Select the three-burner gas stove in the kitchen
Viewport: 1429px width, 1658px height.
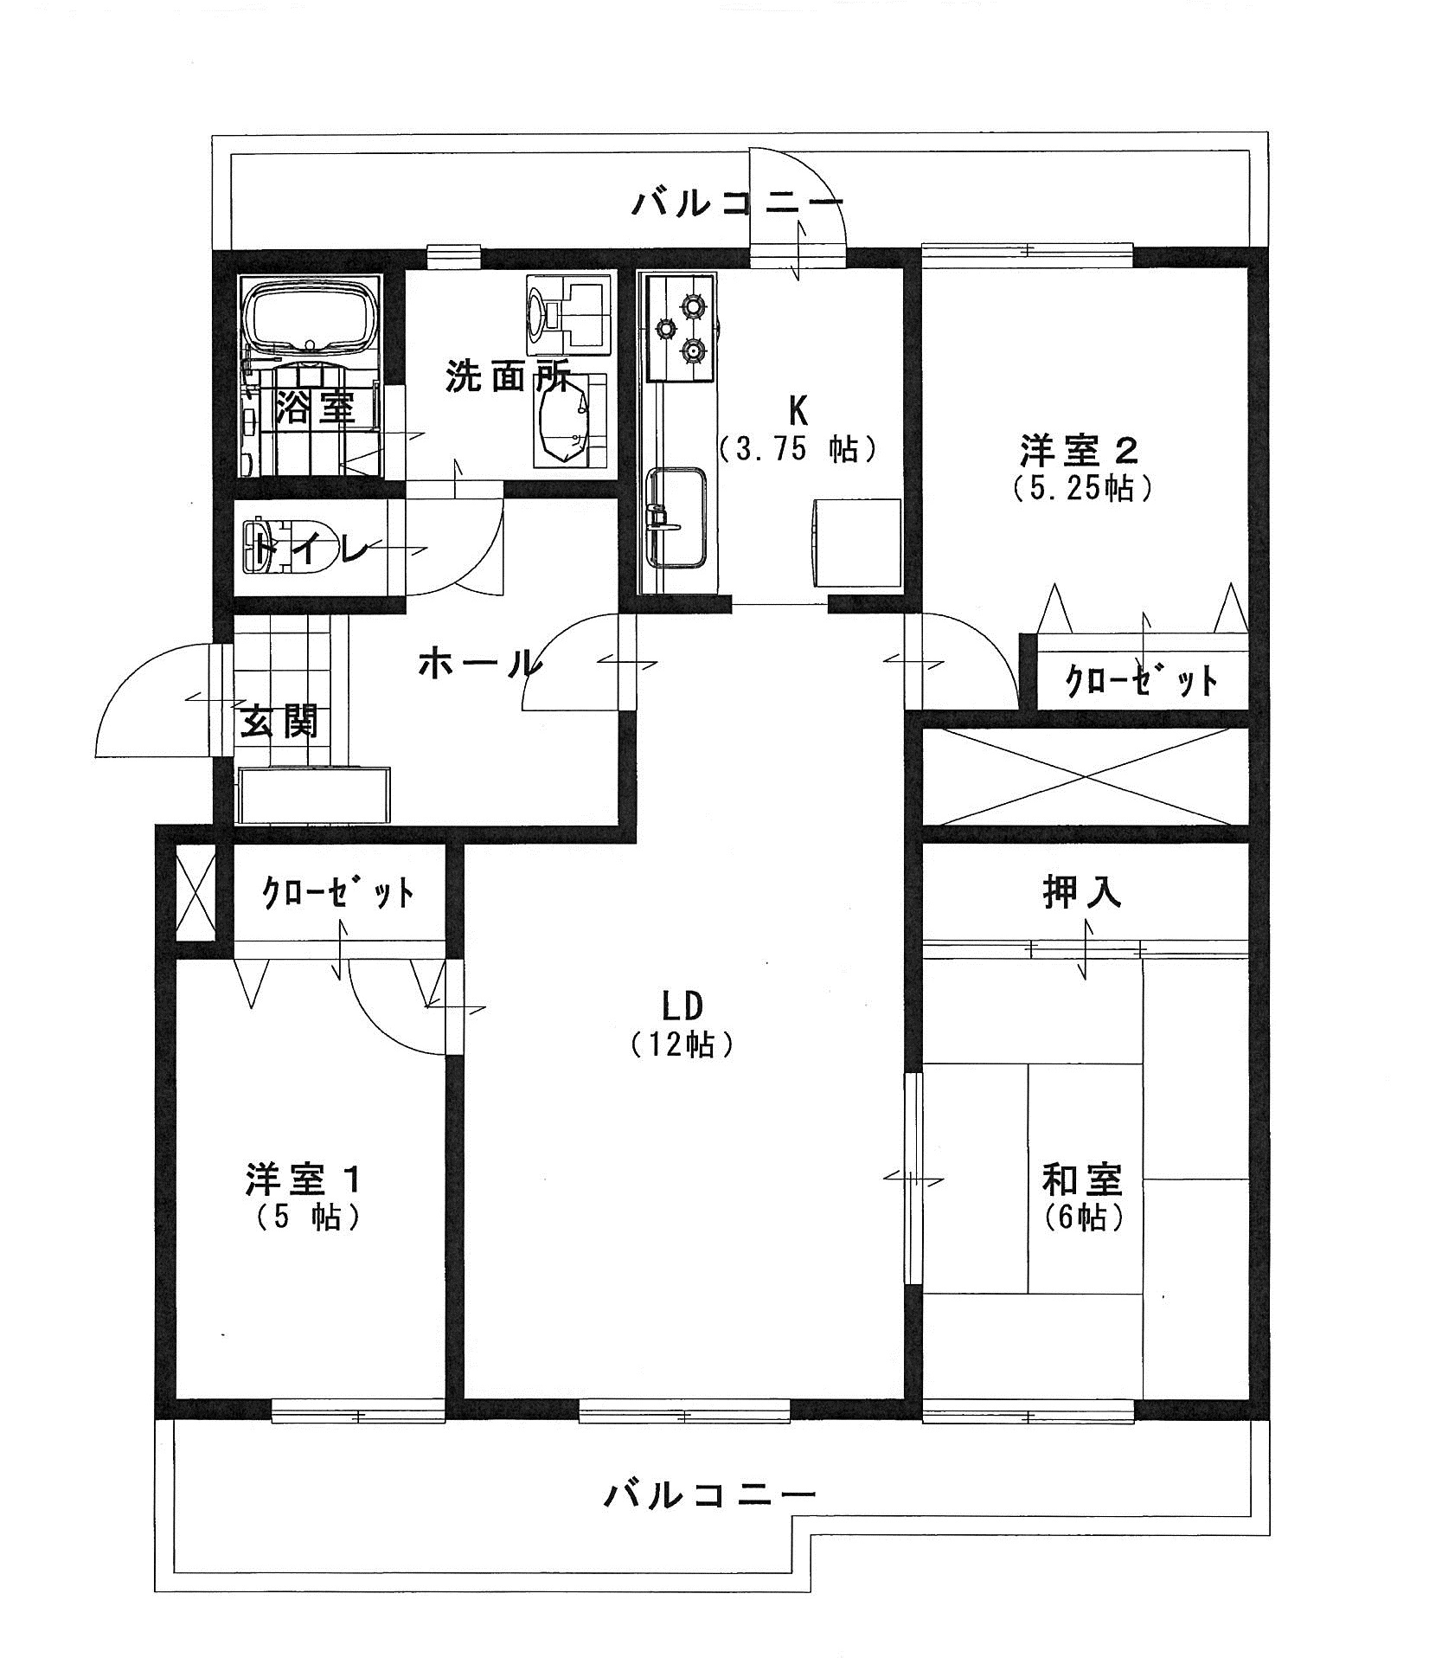tap(680, 327)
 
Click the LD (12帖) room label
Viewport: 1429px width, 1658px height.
tap(682, 1024)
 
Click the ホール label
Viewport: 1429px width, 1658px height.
tap(479, 664)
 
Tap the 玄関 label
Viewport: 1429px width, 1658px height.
tap(279, 720)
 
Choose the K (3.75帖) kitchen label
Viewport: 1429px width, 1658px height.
tap(798, 427)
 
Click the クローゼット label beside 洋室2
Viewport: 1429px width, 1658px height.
tap(1140, 680)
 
